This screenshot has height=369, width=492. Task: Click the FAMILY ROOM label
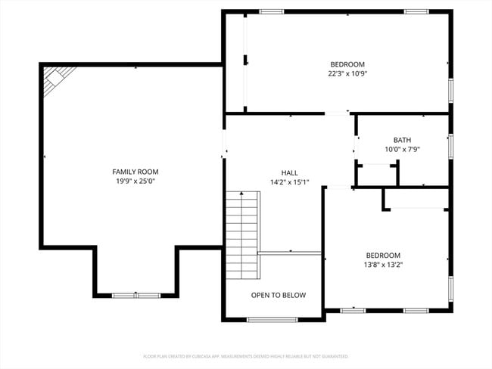pyautogui.click(x=135, y=172)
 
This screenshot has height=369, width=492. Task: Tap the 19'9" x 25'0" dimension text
pyautogui.click(x=135, y=181)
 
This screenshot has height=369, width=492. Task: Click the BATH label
pyautogui.click(x=402, y=140)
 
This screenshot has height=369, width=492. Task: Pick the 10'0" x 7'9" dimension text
pyautogui.click(x=402, y=150)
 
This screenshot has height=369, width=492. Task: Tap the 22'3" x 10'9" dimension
pyautogui.click(x=347, y=74)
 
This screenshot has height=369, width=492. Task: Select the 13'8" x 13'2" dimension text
pyautogui.click(x=383, y=265)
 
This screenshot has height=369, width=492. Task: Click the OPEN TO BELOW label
pyautogui.click(x=279, y=295)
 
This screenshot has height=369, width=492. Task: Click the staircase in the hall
pyautogui.click(x=242, y=234)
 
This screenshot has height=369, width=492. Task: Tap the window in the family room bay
pyautogui.click(x=136, y=294)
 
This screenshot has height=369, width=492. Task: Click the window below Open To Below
pyautogui.click(x=272, y=320)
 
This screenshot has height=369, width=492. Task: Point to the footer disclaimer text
pyautogui.click(x=245, y=355)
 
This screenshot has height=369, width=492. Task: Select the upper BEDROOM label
pyautogui.click(x=347, y=64)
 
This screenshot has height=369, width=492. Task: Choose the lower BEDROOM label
pyautogui.click(x=383, y=255)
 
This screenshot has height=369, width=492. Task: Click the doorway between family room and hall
pyautogui.click(x=223, y=147)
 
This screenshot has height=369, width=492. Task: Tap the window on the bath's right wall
pyautogui.click(x=450, y=146)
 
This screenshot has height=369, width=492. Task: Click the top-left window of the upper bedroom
pyautogui.click(x=271, y=12)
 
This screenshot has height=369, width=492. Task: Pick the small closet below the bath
pyautogui.click(x=376, y=174)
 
